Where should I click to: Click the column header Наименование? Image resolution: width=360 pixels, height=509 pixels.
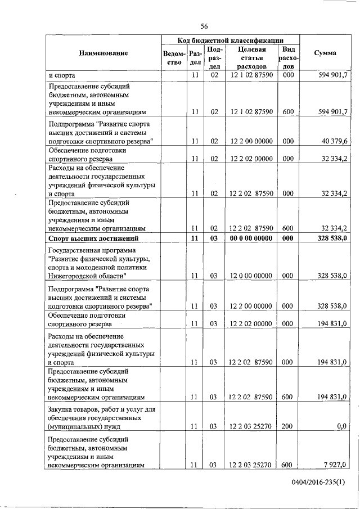point(103,53)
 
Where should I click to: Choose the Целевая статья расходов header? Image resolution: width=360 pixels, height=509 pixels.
point(251,58)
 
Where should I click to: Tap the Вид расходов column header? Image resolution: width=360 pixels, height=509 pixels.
point(288,58)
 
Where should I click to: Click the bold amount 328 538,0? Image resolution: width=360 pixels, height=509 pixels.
point(332,238)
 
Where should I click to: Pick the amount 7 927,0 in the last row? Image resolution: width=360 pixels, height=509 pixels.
point(336,465)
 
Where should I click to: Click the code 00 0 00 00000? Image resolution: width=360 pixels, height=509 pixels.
point(251,238)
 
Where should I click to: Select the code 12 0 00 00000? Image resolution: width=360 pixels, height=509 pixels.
point(251,276)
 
